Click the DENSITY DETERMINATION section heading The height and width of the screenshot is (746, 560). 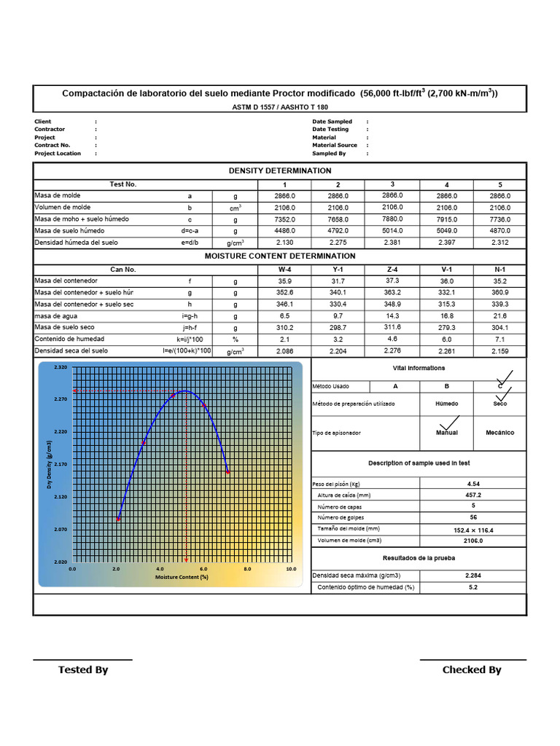[x=280, y=170]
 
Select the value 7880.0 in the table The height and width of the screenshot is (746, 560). [x=392, y=219]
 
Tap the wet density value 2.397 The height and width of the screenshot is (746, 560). [x=447, y=243]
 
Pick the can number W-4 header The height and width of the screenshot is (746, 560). [x=284, y=270]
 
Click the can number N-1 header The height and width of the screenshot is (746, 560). [x=500, y=270]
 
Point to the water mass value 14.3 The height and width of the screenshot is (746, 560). [x=392, y=316]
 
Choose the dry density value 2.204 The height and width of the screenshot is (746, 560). [x=338, y=351]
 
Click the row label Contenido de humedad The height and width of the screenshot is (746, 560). [x=69, y=339]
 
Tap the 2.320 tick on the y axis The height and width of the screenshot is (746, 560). [x=60, y=368]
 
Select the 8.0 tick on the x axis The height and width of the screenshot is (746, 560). [x=247, y=569]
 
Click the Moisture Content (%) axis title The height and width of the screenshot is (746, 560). [x=182, y=577]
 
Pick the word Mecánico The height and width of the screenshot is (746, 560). [x=499, y=433]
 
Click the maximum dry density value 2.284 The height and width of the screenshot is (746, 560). [x=472, y=576]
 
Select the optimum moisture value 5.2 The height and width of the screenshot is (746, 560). [x=472, y=587]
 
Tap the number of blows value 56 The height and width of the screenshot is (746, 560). [x=472, y=517]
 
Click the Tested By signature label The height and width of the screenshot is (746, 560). [x=83, y=670]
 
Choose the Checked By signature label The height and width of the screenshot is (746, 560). [x=472, y=670]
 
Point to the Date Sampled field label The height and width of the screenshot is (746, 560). [x=332, y=122]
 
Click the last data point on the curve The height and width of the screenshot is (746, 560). [x=228, y=472]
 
